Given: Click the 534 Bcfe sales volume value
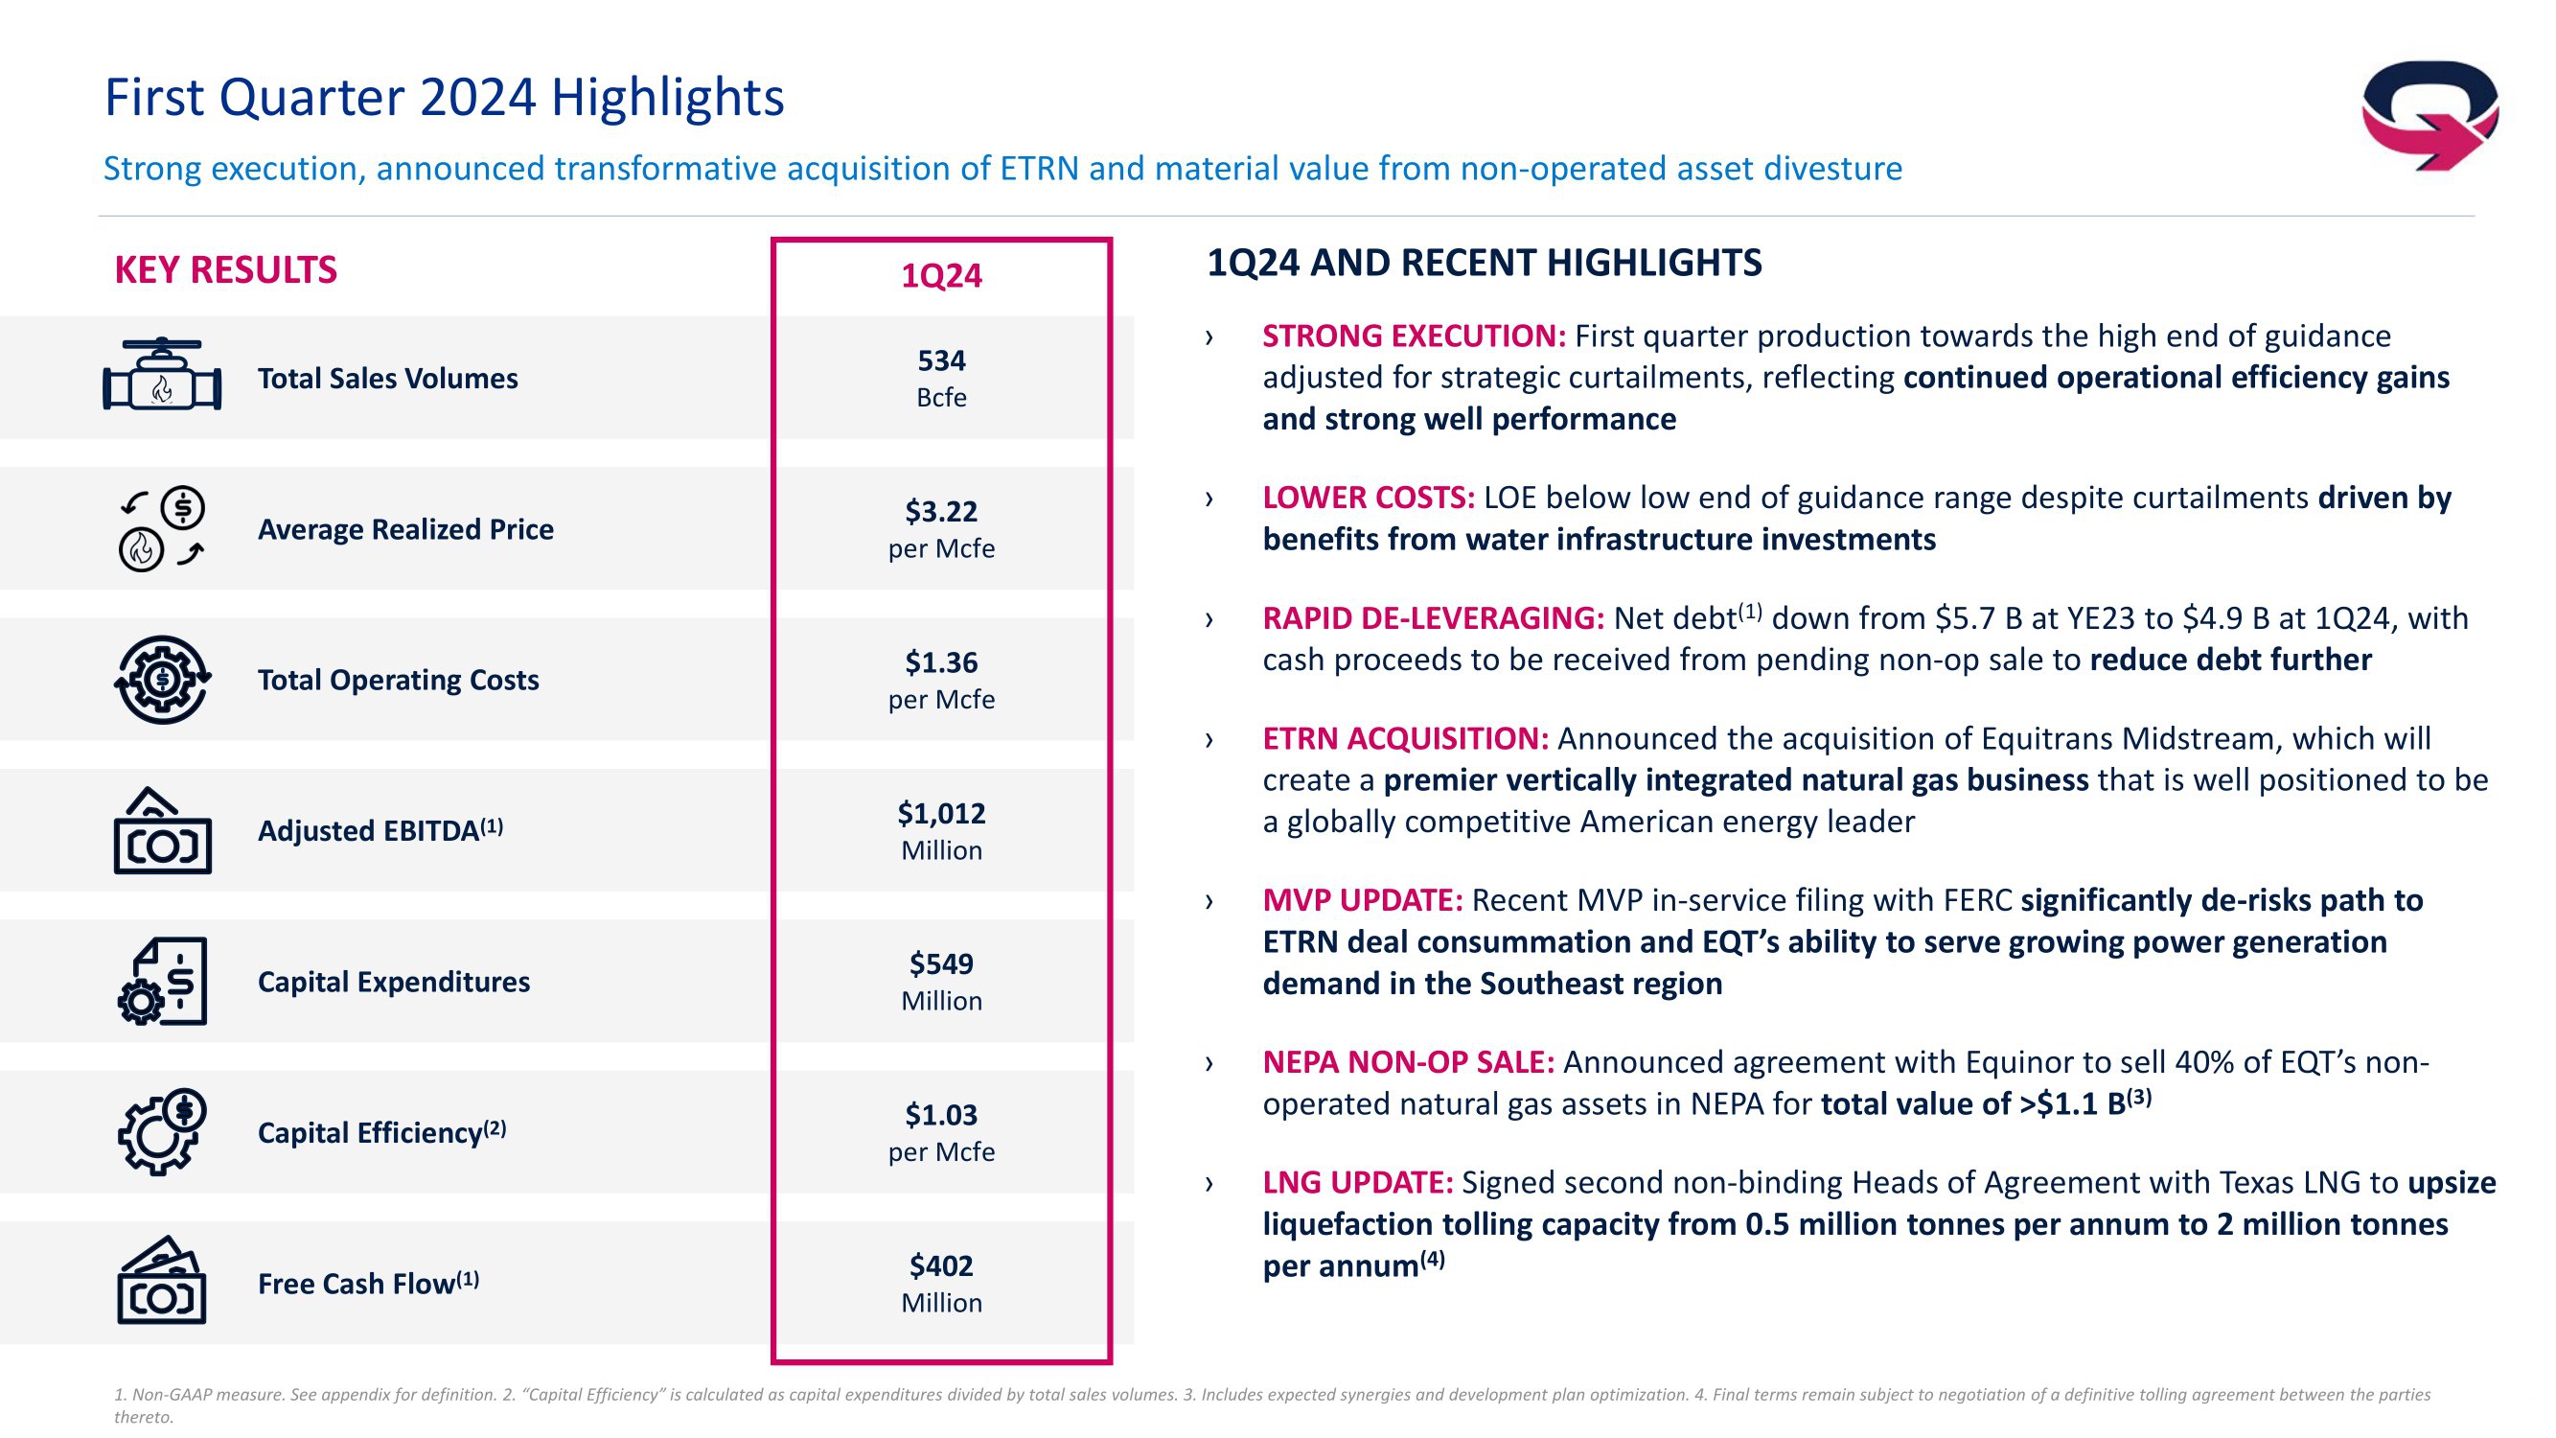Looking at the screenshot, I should pos(940,377).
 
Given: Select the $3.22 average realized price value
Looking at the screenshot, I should pos(940,528).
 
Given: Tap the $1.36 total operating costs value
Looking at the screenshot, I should pos(940,679).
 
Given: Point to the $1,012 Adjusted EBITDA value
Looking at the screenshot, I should pos(940,829).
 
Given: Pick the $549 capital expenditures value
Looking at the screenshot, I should pos(940,981).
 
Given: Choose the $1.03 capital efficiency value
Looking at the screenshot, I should pos(940,1131).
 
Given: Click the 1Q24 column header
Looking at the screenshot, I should pos(940,275).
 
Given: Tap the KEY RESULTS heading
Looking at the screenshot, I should pos(225,270).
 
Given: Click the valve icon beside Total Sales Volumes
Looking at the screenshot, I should pos(162,376).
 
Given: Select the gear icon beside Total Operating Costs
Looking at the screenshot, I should pos(163,680).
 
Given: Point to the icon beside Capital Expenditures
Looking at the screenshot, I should pos(163,981).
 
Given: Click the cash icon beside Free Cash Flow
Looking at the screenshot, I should pos(162,1281).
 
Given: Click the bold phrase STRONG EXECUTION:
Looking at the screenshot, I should pos(1413,336).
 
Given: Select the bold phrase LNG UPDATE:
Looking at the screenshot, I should pos(1356,1183).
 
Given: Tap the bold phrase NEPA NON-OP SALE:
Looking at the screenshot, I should pos(1407,1063).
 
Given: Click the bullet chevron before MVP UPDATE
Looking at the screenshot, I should pos(1209,901).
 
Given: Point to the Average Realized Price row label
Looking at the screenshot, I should pos(404,529).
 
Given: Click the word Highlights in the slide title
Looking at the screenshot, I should pos(667,97).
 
